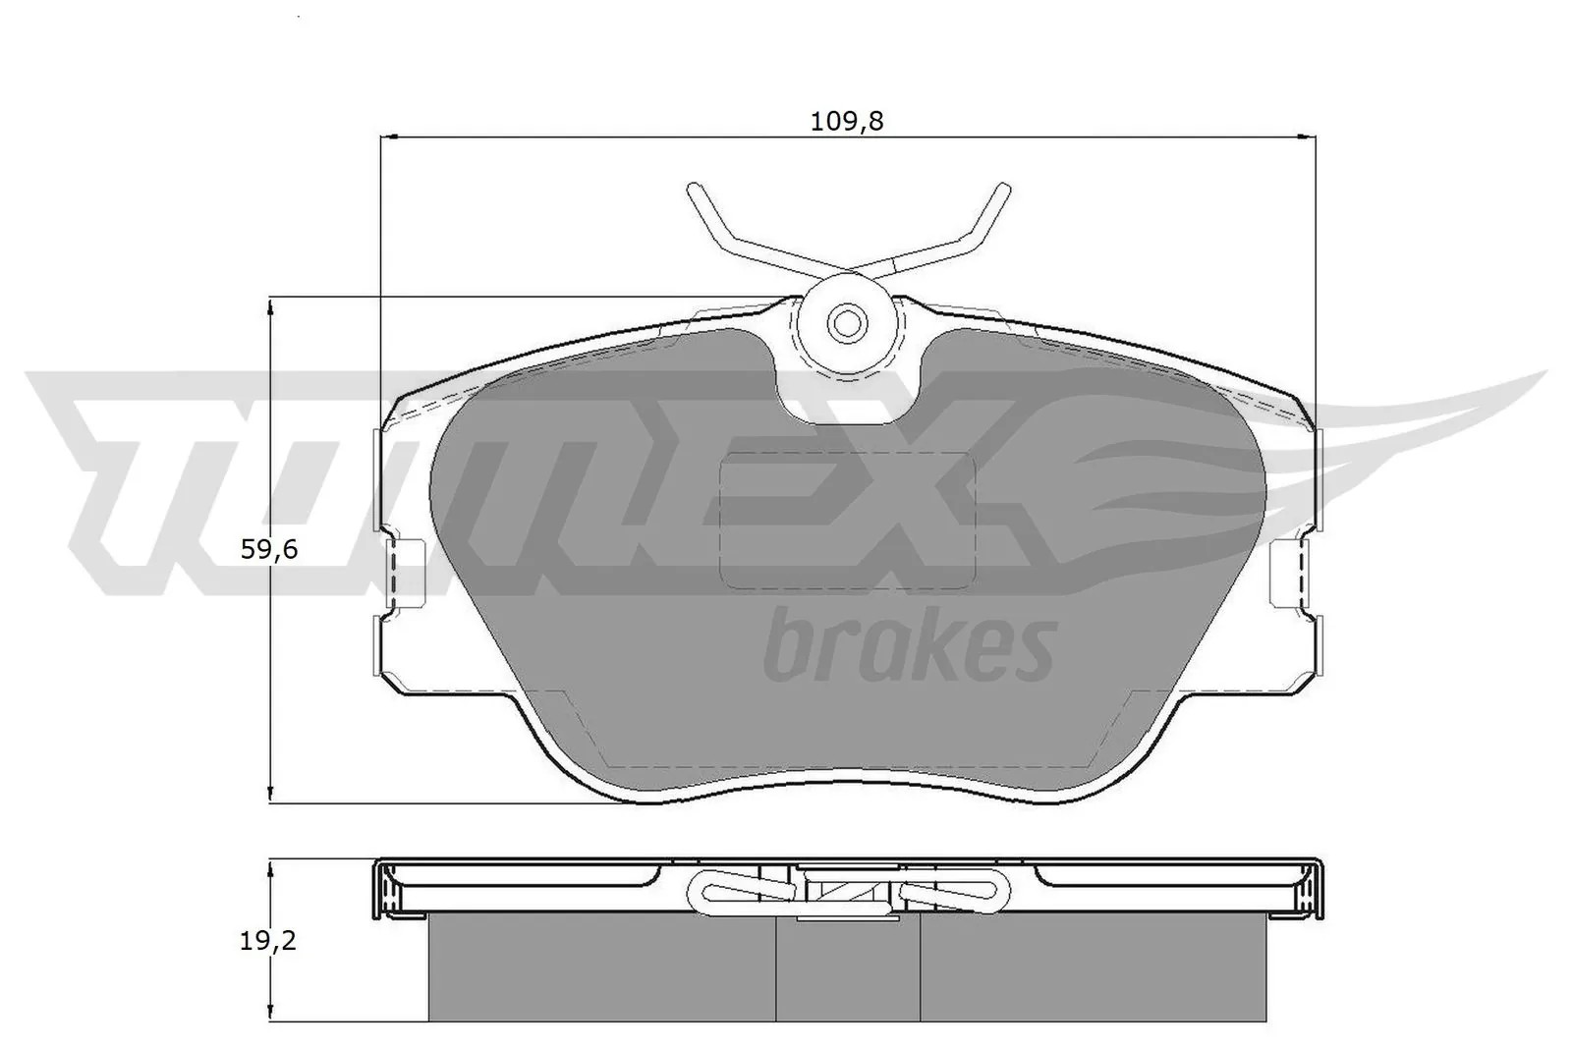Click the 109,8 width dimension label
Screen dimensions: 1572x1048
(846, 122)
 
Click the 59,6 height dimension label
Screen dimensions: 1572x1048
(269, 549)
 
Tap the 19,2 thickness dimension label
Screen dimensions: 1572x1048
(268, 941)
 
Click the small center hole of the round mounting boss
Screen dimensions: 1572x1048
(848, 323)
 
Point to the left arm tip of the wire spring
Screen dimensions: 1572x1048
(693, 188)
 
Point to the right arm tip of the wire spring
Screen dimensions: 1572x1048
(1004, 188)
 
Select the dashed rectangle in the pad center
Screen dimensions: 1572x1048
(849, 521)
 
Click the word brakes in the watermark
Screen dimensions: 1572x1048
(910, 646)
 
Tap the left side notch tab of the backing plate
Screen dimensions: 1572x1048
(406, 572)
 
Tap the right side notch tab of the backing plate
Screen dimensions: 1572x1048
(1291, 572)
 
